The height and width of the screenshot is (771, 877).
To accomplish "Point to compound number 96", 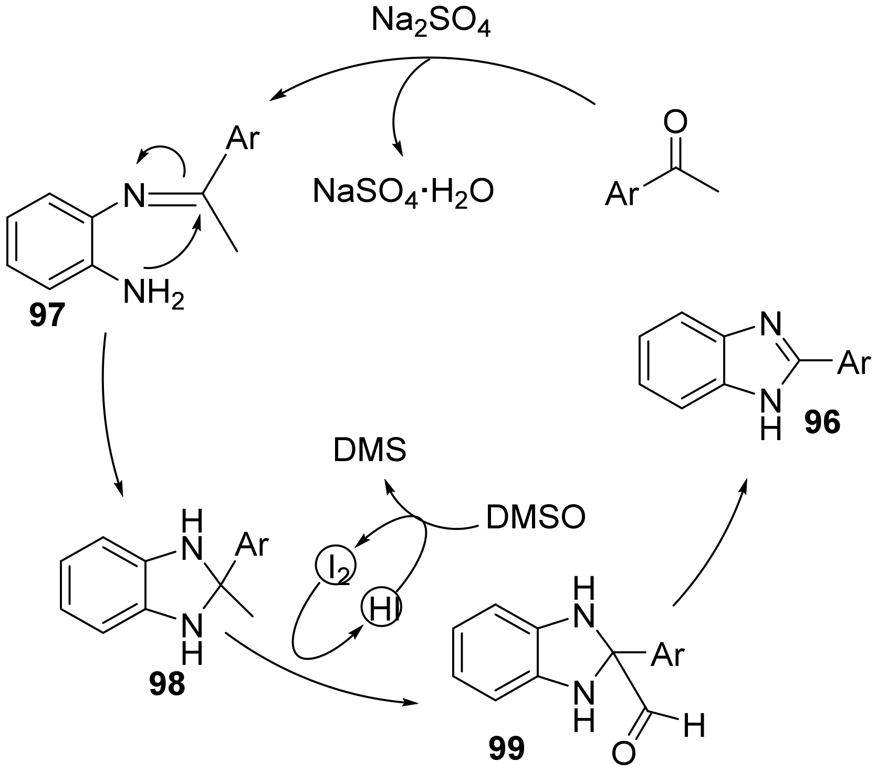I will click(822, 421).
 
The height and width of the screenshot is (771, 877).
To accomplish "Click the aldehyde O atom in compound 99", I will click(623, 754).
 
